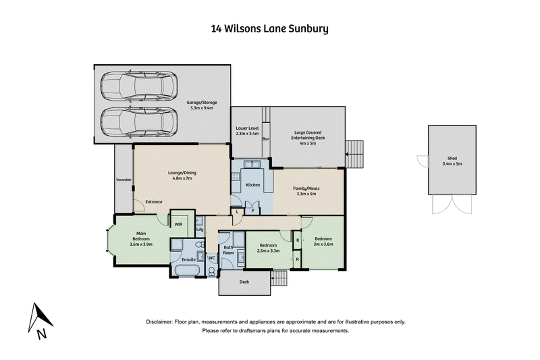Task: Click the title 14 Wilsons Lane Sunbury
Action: [269, 28]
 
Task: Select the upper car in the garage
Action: [139, 86]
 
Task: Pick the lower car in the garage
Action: [139, 122]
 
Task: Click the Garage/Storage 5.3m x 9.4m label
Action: [202, 105]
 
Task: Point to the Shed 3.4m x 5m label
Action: [452, 161]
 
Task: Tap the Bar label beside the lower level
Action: [266, 139]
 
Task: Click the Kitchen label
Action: [252, 185]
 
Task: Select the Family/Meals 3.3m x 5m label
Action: [306, 191]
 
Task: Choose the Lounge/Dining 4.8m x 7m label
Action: [182, 176]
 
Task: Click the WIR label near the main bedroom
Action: [178, 224]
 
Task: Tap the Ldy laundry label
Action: [200, 230]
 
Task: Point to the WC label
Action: [212, 258]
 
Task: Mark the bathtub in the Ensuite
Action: [188, 270]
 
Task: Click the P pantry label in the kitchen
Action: [252, 211]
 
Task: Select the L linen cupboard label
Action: [237, 212]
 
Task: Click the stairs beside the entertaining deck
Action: [354, 154]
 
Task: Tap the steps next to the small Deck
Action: [279, 278]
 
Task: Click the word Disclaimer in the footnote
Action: [159, 322]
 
